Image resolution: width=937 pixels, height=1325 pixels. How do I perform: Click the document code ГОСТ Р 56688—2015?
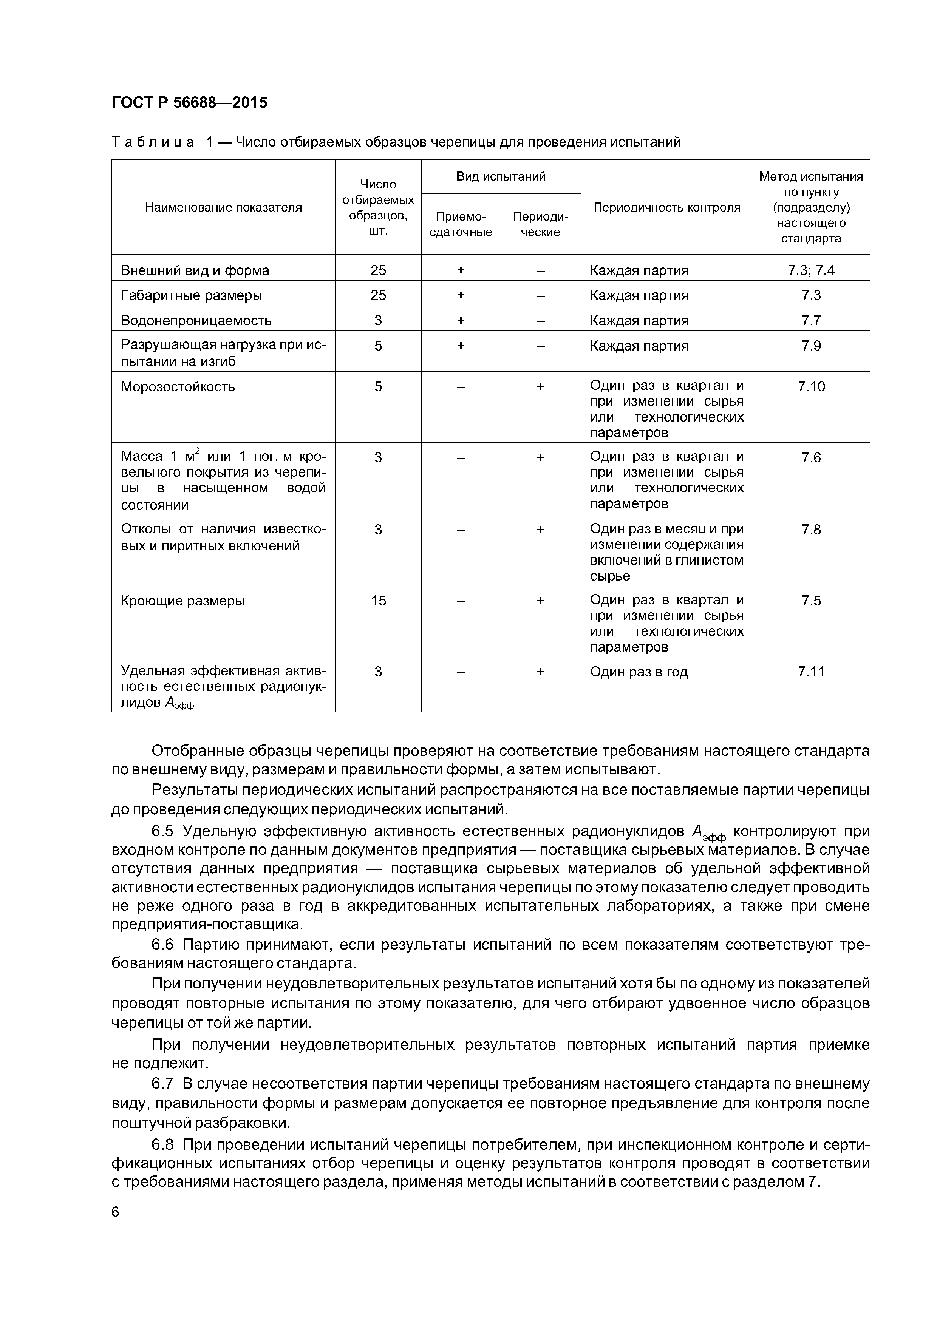tap(189, 103)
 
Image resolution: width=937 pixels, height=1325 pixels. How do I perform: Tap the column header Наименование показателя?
tap(223, 207)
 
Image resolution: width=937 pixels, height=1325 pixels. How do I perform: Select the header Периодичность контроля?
tap(667, 207)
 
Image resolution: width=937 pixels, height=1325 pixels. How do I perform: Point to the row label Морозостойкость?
tap(178, 386)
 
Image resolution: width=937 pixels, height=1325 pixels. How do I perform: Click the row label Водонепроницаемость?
tap(196, 320)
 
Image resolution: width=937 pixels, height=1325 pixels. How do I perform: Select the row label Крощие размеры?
tap(182, 601)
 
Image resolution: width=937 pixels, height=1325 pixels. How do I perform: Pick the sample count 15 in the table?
tap(378, 601)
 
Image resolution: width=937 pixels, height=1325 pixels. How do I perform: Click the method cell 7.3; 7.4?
tap(811, 270)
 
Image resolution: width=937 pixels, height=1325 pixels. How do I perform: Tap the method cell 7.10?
tap(811, 386)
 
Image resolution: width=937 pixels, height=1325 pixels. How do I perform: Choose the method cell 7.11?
tap(811, 672)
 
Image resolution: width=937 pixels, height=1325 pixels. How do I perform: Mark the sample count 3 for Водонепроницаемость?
tap(378, 320)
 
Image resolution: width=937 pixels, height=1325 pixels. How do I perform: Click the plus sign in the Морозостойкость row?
tap(540, 386)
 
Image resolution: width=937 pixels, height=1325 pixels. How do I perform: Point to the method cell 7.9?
tap(811, 346)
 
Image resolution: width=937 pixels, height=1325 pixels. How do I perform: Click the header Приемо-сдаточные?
tap(461, 224)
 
